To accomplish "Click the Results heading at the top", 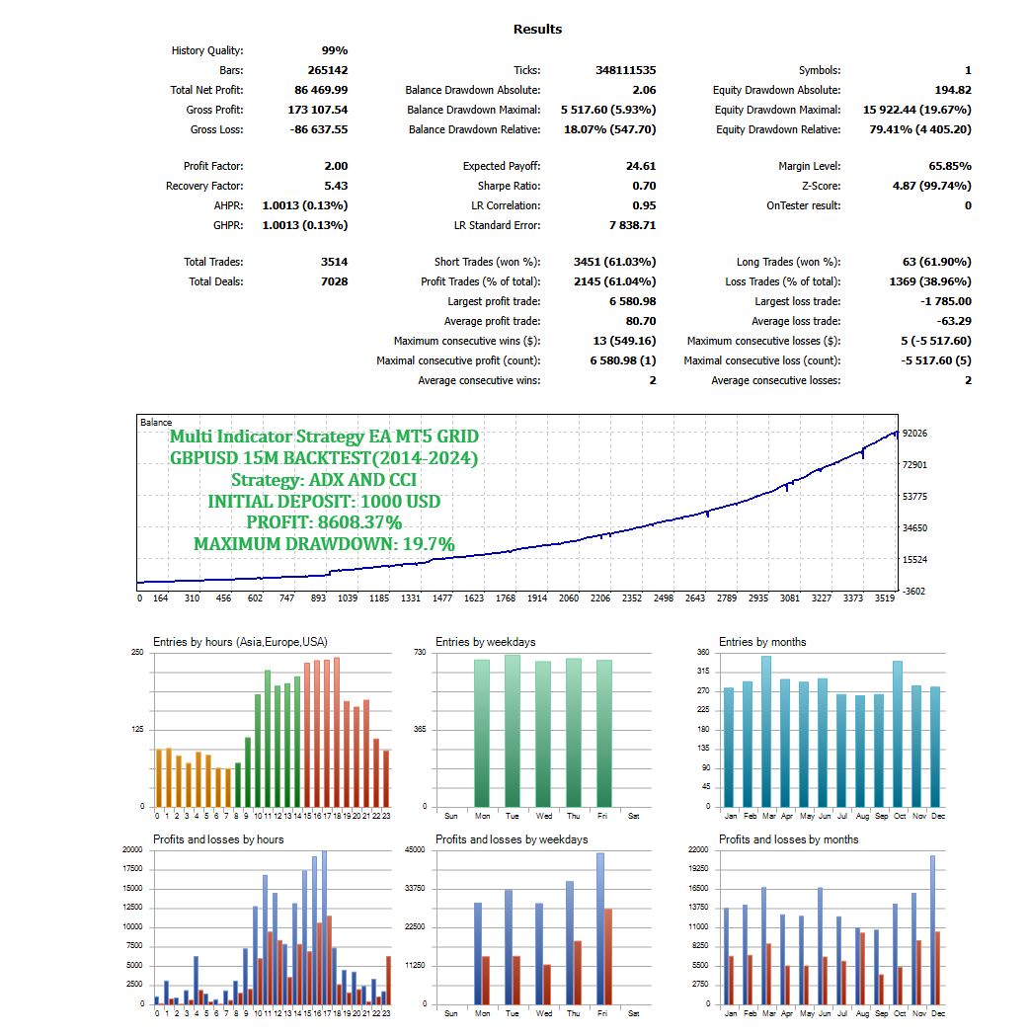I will click(x=537, y=30).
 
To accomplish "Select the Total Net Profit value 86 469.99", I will click(x=314, y=90).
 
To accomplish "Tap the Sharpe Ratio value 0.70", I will click(x=644, y=186).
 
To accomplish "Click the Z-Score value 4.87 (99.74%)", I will click(x=931, y=186).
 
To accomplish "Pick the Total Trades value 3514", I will click(x=332, y=262).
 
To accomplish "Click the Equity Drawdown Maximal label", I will click(x=777, y=110).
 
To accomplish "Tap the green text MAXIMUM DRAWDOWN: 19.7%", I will click(x=324, y=544).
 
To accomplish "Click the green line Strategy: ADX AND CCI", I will click(x=324, y=480).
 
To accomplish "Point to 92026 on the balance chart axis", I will click(x=914, y=434).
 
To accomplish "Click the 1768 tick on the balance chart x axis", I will click(x=507, y=598).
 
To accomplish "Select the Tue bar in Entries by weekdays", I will click(x=512, y=731).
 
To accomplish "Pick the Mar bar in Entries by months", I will click(x=766, y=731).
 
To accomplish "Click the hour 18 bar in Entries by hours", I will click(x=337, y=732).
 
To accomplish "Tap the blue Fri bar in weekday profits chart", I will click(x=599, y=928).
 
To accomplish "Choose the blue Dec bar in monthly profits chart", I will click(x=932, y=929).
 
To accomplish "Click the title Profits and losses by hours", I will click(x=218, y=839).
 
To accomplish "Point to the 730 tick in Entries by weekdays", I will click(x=420, y=653).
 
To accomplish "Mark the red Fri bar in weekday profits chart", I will click(x=608, y=956).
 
